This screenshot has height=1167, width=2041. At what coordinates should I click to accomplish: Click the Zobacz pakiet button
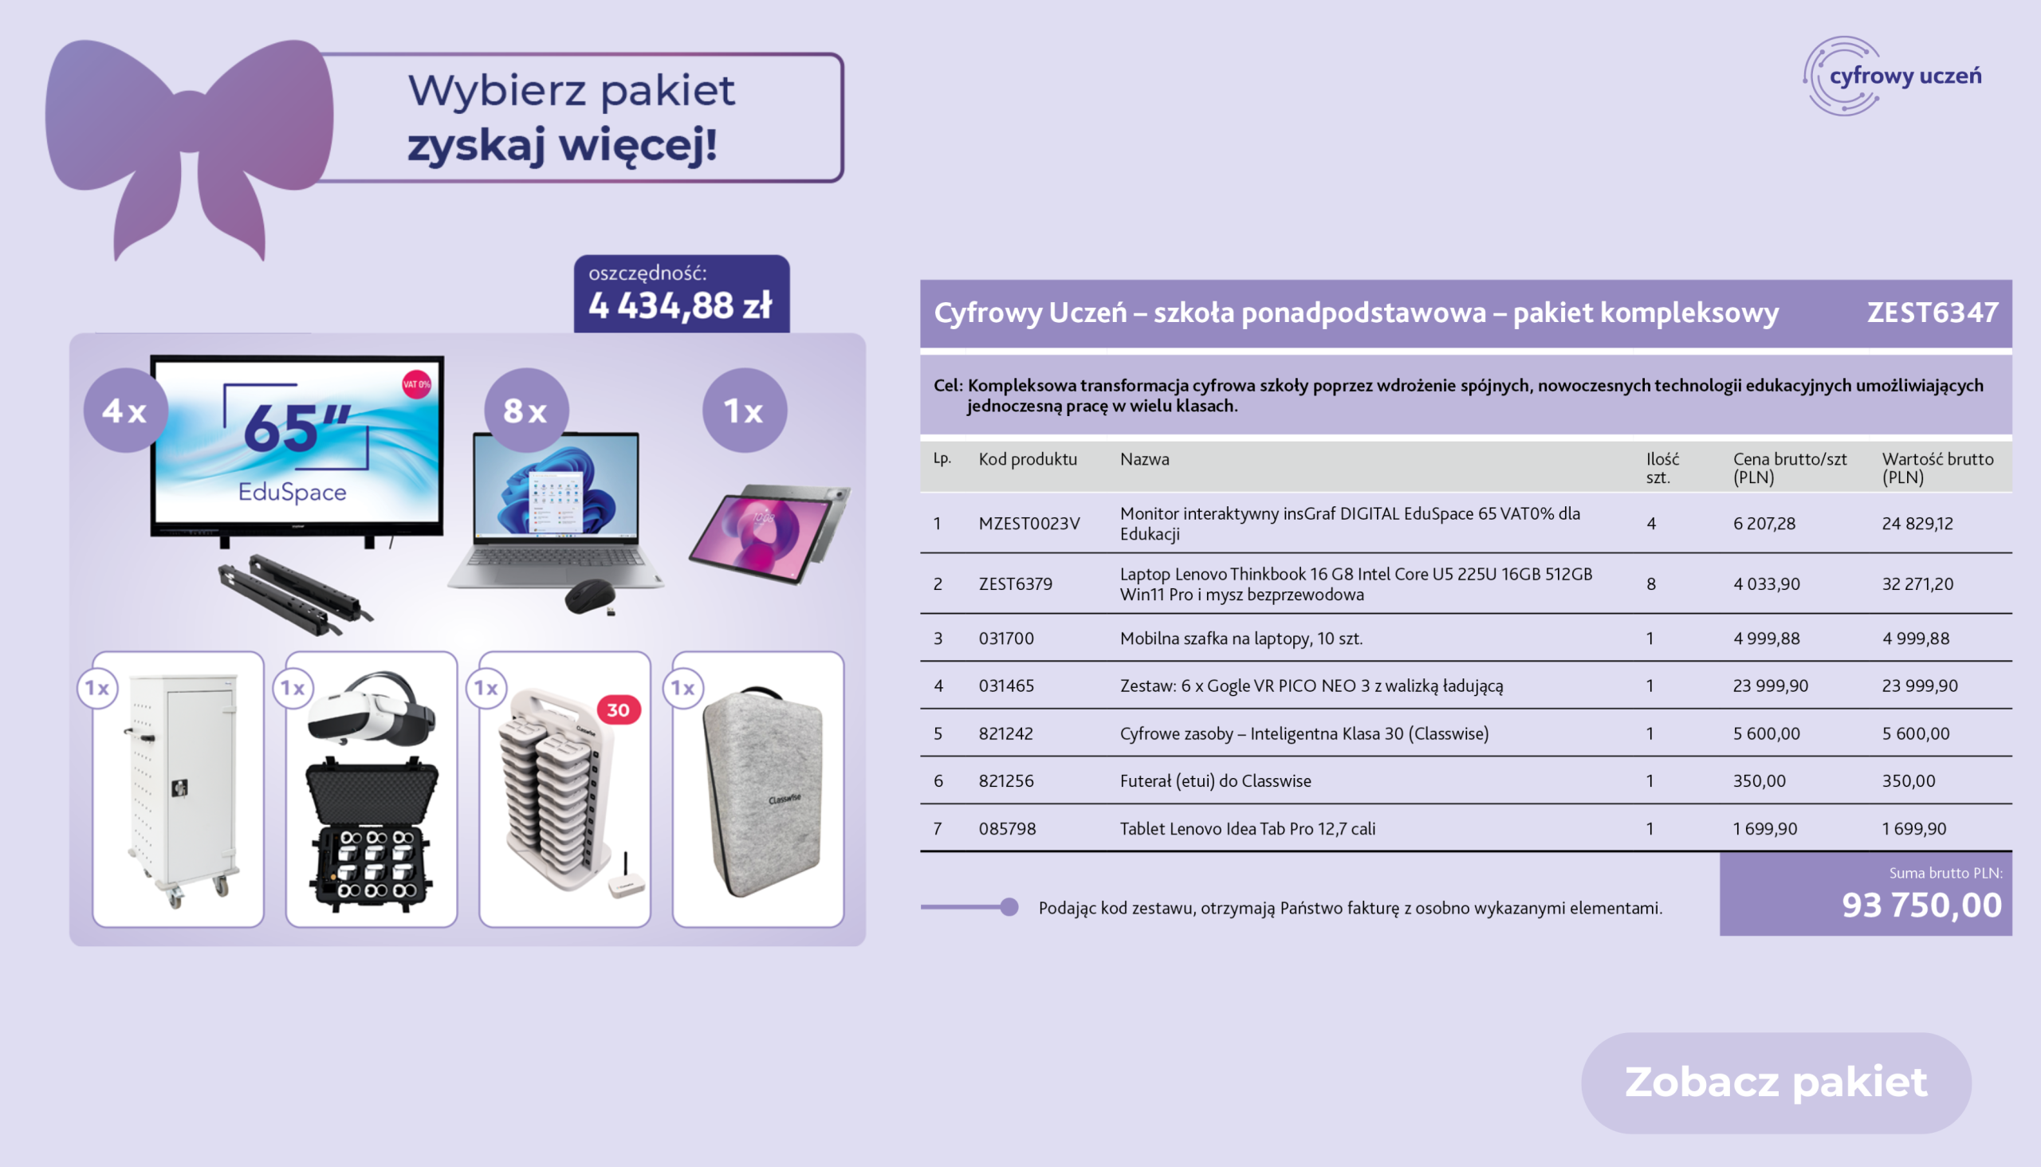click(x=1776, y=1082)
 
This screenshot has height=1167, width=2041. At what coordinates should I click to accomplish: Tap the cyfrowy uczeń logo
click(x=1892, y=77)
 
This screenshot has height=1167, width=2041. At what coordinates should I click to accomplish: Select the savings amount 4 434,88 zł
click(x=681, y=305)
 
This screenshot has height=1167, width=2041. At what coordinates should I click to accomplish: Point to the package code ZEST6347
click(x=1933, y=312)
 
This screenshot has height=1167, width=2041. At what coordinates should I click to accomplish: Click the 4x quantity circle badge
click(x=126, y=411)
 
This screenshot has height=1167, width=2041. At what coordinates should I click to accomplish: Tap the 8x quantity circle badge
click(x=527, y=411)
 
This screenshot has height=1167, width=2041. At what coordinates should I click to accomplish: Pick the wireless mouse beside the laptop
click(x=590, y=598)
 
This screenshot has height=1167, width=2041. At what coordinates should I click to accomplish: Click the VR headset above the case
click(x=371, y=708)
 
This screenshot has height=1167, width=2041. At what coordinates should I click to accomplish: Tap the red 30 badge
click(x=619, y=710)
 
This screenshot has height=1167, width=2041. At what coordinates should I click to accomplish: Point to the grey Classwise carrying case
click(x=762, y=792)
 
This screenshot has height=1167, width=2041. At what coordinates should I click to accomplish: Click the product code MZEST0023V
click(x=1029, y=524)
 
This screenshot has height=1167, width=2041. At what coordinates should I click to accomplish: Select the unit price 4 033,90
click(x=1766, y=583)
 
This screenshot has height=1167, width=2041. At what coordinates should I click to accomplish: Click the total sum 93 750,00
click(x=1921, y=906)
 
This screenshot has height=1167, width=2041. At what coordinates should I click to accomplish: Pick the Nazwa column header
click(x=1144, y=459)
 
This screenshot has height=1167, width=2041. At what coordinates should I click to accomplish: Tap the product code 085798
click(x=1007, y=829)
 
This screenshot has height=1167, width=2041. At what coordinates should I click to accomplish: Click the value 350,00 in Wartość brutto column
click(x=1908, y=780)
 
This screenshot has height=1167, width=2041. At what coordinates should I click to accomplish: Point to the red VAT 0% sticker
click(x=416, y=385)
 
